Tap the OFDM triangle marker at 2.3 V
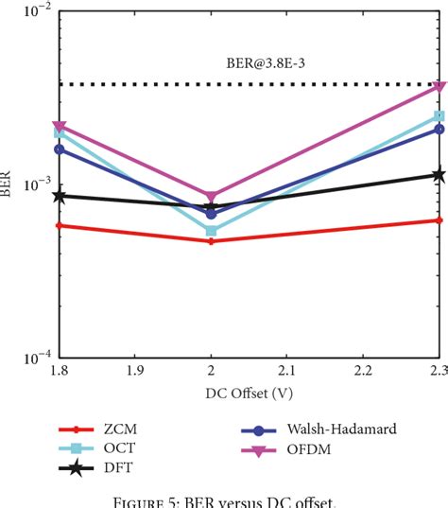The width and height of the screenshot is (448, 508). [439, 86]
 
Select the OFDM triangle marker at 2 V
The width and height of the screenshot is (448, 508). [211, 197]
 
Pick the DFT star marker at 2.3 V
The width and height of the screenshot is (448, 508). [439, 174]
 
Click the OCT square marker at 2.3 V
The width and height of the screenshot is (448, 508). [439, 116]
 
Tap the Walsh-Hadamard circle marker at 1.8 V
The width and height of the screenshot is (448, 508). [59, 149]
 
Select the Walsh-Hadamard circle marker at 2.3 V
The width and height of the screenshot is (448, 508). [439, 129]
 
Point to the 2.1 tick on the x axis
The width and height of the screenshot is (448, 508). [286, 372]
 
